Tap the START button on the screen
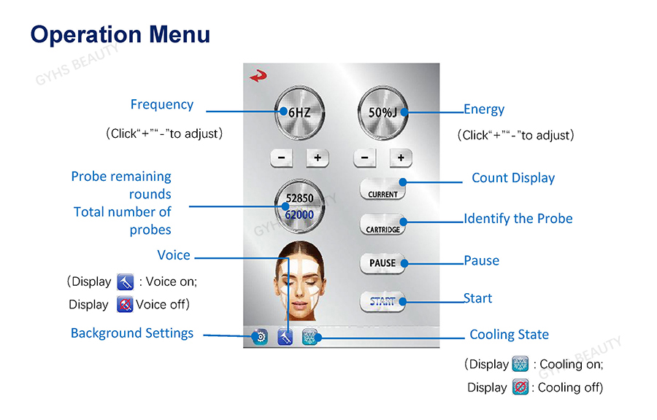(383, 301)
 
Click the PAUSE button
(383, 263)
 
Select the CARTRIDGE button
(383, 225)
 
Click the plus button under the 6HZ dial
(318, 158)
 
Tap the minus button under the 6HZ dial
(282, 158)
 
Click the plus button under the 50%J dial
(401, 158)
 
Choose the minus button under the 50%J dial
(364, 158)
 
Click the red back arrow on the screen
(258, 76)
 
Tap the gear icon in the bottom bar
(260, 337)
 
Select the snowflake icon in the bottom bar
(310, 337)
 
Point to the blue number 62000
(299, 214)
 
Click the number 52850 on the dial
(299, 198)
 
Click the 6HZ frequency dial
(299, 112)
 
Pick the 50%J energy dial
(383, 112)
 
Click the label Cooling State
(509, 334)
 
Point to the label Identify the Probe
(518, 219)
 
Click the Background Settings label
(132, 333)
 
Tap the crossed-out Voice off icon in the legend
(125, 304)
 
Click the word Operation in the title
(87, 35)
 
